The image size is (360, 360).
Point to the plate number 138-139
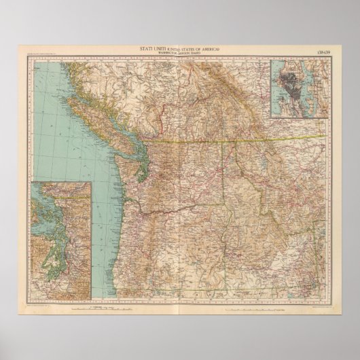coord(320,48)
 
